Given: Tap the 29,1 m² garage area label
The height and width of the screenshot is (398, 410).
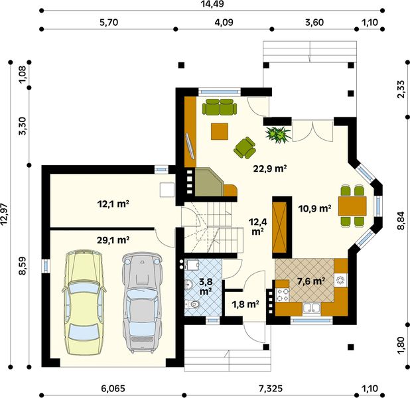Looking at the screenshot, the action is coord(113,239).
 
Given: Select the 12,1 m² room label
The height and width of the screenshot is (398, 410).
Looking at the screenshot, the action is coord(113,204).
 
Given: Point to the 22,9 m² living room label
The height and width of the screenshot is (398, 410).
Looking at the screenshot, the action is coord(270,168).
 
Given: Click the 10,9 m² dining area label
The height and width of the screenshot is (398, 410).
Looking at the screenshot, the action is coord(315,208).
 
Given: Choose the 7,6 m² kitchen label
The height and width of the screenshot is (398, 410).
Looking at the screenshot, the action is coord(311,281).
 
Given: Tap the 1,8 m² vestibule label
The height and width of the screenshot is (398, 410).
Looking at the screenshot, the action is coord(245,304).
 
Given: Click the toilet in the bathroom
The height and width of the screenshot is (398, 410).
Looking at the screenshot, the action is coord(192,304).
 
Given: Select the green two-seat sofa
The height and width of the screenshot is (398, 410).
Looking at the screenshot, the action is coord(220,107).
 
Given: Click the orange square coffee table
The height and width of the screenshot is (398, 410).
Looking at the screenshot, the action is coord(220,131).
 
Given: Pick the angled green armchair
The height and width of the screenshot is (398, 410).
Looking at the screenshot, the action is coord(245,148).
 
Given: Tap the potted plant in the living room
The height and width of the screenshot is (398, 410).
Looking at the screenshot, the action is coord(278,134).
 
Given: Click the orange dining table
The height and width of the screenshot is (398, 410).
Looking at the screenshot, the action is coord(352,206).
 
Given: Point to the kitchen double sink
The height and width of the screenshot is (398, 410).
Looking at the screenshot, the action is coord(311,308).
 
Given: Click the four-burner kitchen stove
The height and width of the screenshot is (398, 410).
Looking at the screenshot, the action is coord(283,295).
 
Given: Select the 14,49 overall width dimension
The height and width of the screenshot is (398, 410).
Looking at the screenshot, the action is coord(212,4).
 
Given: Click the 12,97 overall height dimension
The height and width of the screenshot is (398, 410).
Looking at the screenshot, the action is coord(5,214).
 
